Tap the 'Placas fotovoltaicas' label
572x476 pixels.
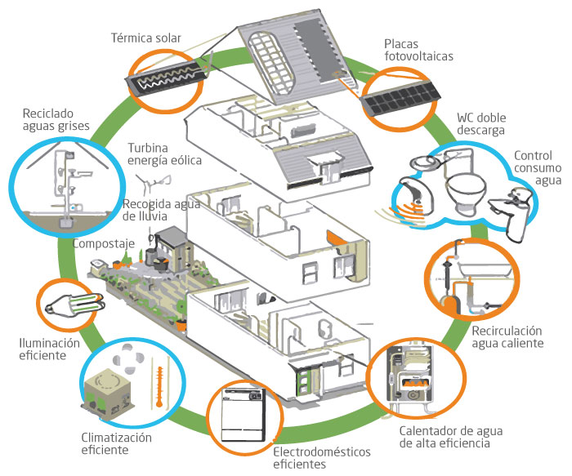(417, 50)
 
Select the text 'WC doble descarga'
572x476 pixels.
(481, 123)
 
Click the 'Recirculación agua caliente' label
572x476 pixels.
(507, 337)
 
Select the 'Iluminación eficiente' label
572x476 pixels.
(50, 349)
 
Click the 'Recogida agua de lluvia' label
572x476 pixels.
(153, 210)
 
